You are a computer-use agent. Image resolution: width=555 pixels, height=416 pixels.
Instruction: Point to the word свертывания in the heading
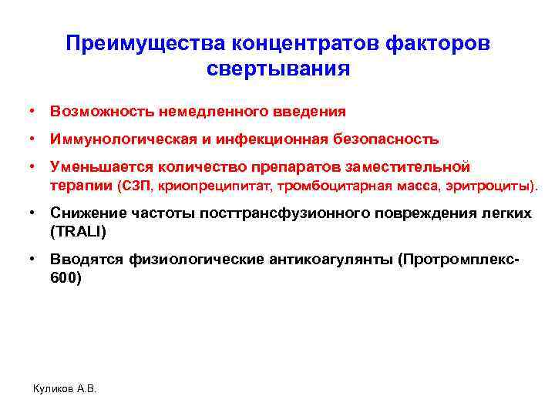pos(277,69)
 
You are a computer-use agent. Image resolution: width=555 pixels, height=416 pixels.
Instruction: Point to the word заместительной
pos(415,167)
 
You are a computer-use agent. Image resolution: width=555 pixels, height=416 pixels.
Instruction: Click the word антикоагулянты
pos(327,260)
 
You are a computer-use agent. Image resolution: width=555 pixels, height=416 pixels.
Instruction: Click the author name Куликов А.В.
pos(66,388)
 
